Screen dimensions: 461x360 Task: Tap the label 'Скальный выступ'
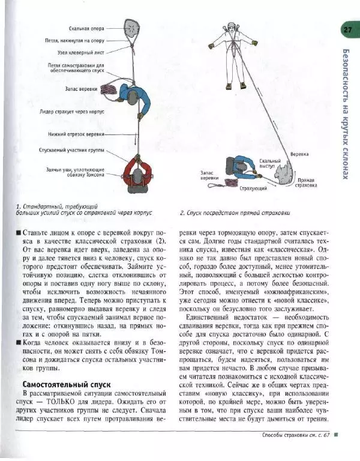pos(271,163)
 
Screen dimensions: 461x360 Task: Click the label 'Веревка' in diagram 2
pos(299,154)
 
